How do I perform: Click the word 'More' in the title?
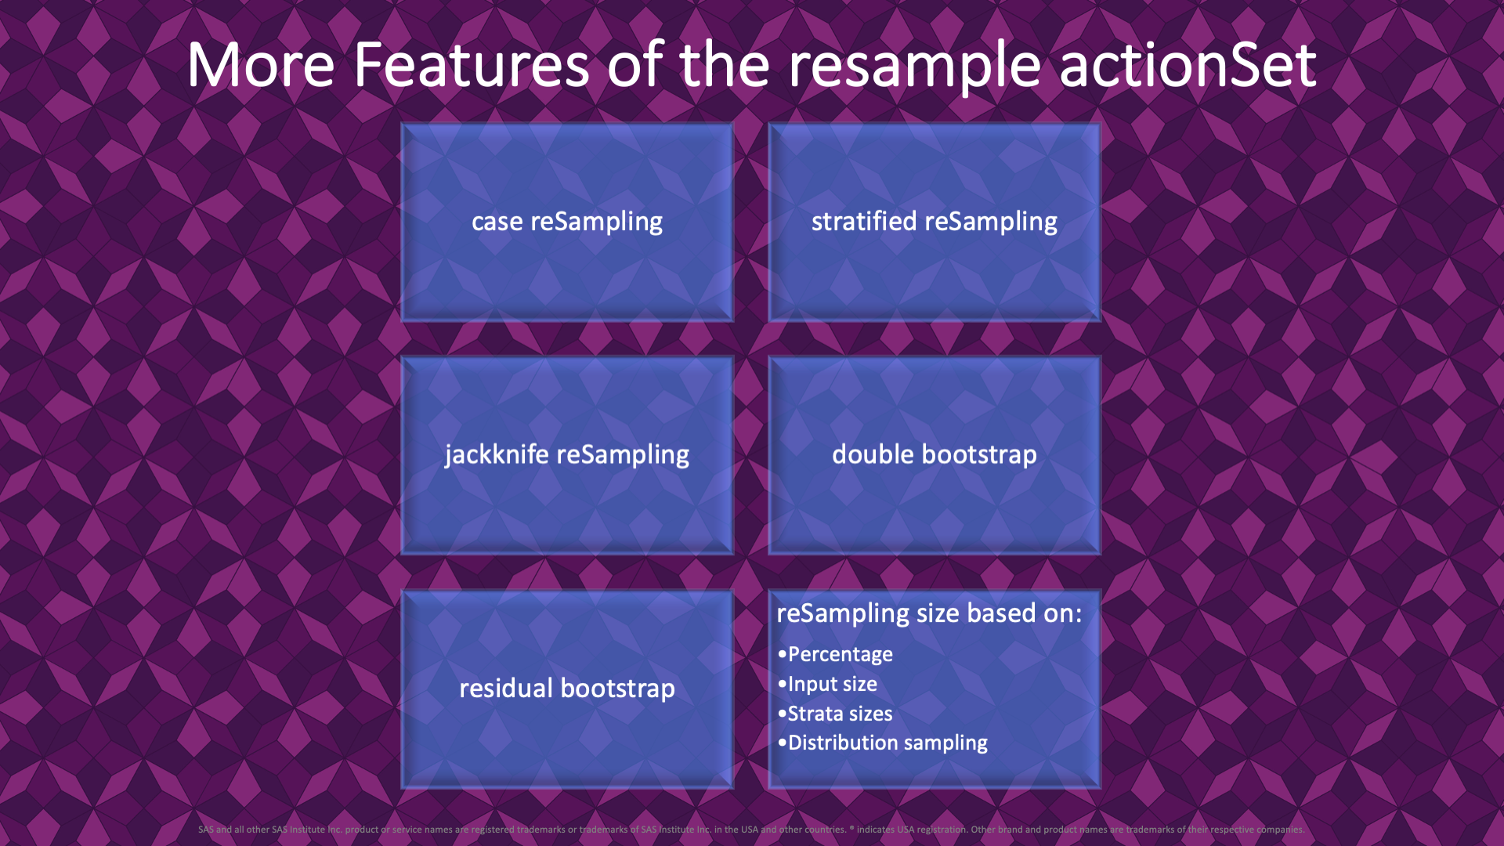coord(261,65)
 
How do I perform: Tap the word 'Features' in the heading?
coord(471,65)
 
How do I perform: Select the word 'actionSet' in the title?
coord(1188,65)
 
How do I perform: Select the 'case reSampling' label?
coord(567,222)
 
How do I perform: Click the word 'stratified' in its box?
coord(863,221)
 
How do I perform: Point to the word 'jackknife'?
coord(497,455)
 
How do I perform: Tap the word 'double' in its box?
coord(873,454)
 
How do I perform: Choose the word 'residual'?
coord(506,689)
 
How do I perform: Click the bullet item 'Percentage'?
coord(840,654)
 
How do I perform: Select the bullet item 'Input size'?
coord(832,684)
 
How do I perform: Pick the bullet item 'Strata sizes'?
coord(840,714)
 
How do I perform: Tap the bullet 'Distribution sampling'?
coord(888,743)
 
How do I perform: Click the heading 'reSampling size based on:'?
coord(929,613)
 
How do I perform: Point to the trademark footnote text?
coord(750,830)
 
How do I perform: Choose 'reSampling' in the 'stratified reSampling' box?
coord(991,222)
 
